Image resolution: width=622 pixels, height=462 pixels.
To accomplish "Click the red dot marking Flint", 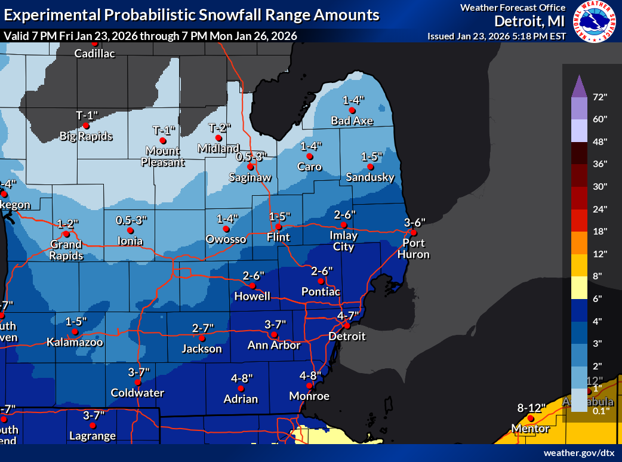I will coord(278,227).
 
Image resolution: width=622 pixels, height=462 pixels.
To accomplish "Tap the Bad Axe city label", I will coord(352,121).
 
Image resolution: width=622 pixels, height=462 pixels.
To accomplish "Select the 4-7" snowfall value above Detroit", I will coord(347,315).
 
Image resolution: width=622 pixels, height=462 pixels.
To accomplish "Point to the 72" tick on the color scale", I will coord(600,97).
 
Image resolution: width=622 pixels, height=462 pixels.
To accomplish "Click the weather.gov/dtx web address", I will coord(578,454).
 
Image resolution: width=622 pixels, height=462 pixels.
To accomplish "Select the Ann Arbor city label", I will coord(275,345).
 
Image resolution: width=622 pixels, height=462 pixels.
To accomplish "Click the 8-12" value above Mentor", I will coord(532,408).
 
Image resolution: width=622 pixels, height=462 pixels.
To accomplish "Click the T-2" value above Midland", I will coord(219,127).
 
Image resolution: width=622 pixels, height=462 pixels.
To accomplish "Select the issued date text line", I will coord(497,36).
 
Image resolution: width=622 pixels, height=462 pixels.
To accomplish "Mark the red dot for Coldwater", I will coord(137,382).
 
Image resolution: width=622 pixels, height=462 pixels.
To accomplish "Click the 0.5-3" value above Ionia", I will coord(131,220).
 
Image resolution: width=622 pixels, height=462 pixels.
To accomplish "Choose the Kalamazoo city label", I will coord(75,343).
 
